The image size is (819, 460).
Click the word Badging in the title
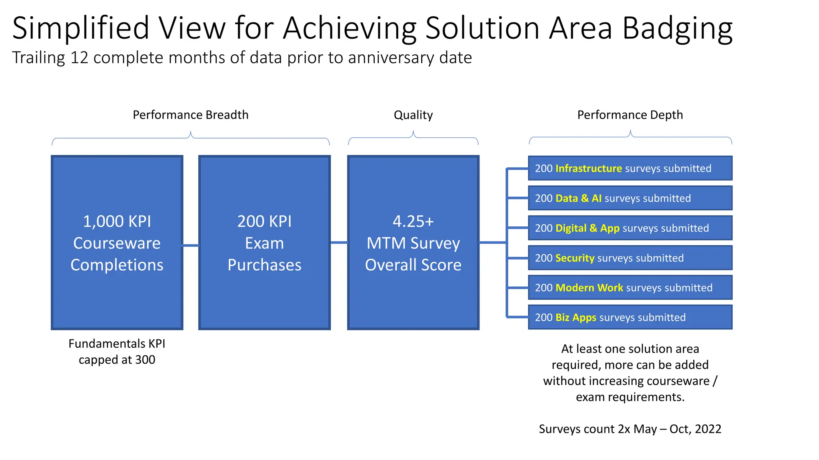point(677,29)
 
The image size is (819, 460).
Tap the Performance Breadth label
point(190,115)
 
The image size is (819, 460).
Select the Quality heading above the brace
point(413,115)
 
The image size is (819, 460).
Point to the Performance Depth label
point(630,115)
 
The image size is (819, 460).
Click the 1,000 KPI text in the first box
point(117,222)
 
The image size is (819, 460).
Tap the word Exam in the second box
point(264,243)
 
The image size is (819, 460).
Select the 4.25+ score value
point(413,222)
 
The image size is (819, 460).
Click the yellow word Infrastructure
point(589,169)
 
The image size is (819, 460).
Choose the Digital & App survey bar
point(630,228)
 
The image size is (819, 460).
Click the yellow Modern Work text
point(589,288)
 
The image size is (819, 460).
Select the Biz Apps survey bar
point(630,317)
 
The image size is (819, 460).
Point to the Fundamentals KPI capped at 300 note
point(117,351)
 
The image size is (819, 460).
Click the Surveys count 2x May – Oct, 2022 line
point(630,429)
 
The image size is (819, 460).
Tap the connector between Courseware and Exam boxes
point(191,245)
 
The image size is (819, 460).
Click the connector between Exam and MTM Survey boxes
point(339,242)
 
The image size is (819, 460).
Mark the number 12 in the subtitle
point(79,58)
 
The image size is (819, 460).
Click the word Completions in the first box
point(117,265)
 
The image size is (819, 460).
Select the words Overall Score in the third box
point(413,265)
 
